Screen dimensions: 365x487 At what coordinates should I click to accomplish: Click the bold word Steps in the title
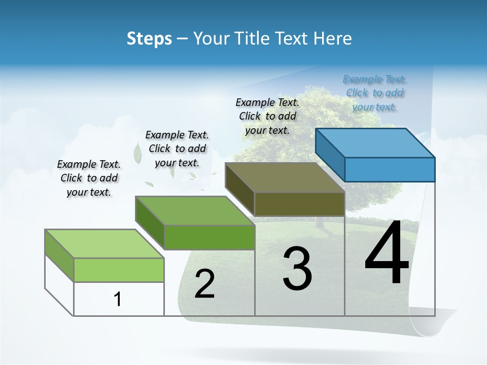149,39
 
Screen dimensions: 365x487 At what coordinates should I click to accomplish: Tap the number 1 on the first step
118,299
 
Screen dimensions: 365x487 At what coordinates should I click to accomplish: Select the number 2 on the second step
204,284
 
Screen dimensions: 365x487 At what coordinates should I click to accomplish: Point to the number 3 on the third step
297,269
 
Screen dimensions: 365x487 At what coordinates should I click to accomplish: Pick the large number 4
387,253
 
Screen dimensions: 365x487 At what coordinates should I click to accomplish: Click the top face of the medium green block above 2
195,210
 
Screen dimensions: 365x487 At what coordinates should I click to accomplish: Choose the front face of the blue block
390,169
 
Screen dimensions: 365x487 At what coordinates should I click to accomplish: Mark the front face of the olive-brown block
299,204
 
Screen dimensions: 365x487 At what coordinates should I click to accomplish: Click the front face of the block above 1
119,270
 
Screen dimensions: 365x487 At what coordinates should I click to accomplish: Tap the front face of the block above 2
210,237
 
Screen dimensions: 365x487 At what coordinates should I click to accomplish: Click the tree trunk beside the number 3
320,221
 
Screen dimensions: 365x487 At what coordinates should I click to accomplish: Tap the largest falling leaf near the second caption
137,153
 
